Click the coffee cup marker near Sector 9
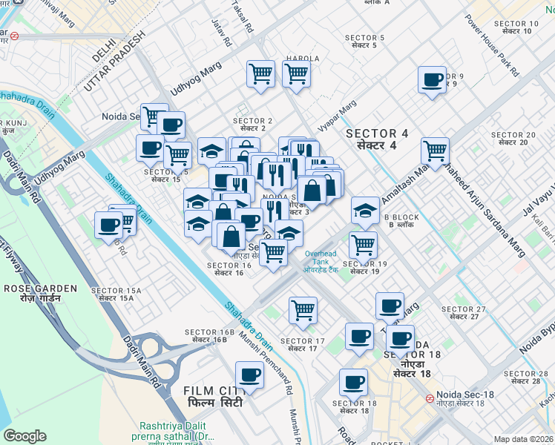(x=431, y=81)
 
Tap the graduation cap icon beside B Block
(x=365, y=211)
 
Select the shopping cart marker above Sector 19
(x=363, y=244)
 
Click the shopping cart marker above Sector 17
(x=303, y=310)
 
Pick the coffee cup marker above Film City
(x=250, y=375)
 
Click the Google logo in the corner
(x=24, y=436)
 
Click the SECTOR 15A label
(x=111, y=294)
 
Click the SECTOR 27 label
(x=463, y=313)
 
